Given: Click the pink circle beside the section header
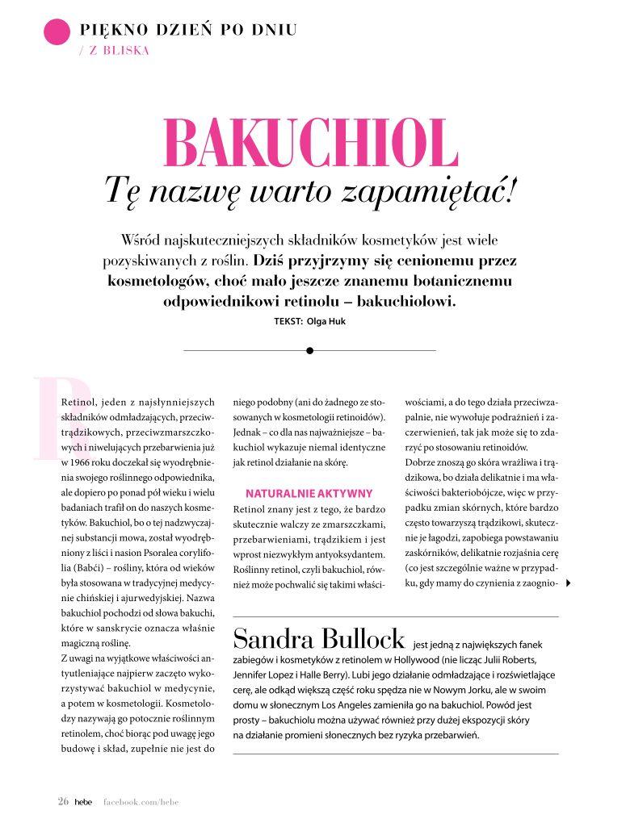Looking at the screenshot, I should pos(57,31).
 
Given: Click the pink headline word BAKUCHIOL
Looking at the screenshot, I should pos(311,144).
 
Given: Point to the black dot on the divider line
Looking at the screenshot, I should pos(309,350).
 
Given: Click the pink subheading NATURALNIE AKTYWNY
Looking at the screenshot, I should pos(309,492).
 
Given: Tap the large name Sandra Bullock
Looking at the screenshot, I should pos(319,640).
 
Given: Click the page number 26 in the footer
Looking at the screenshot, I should pos(63,801).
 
